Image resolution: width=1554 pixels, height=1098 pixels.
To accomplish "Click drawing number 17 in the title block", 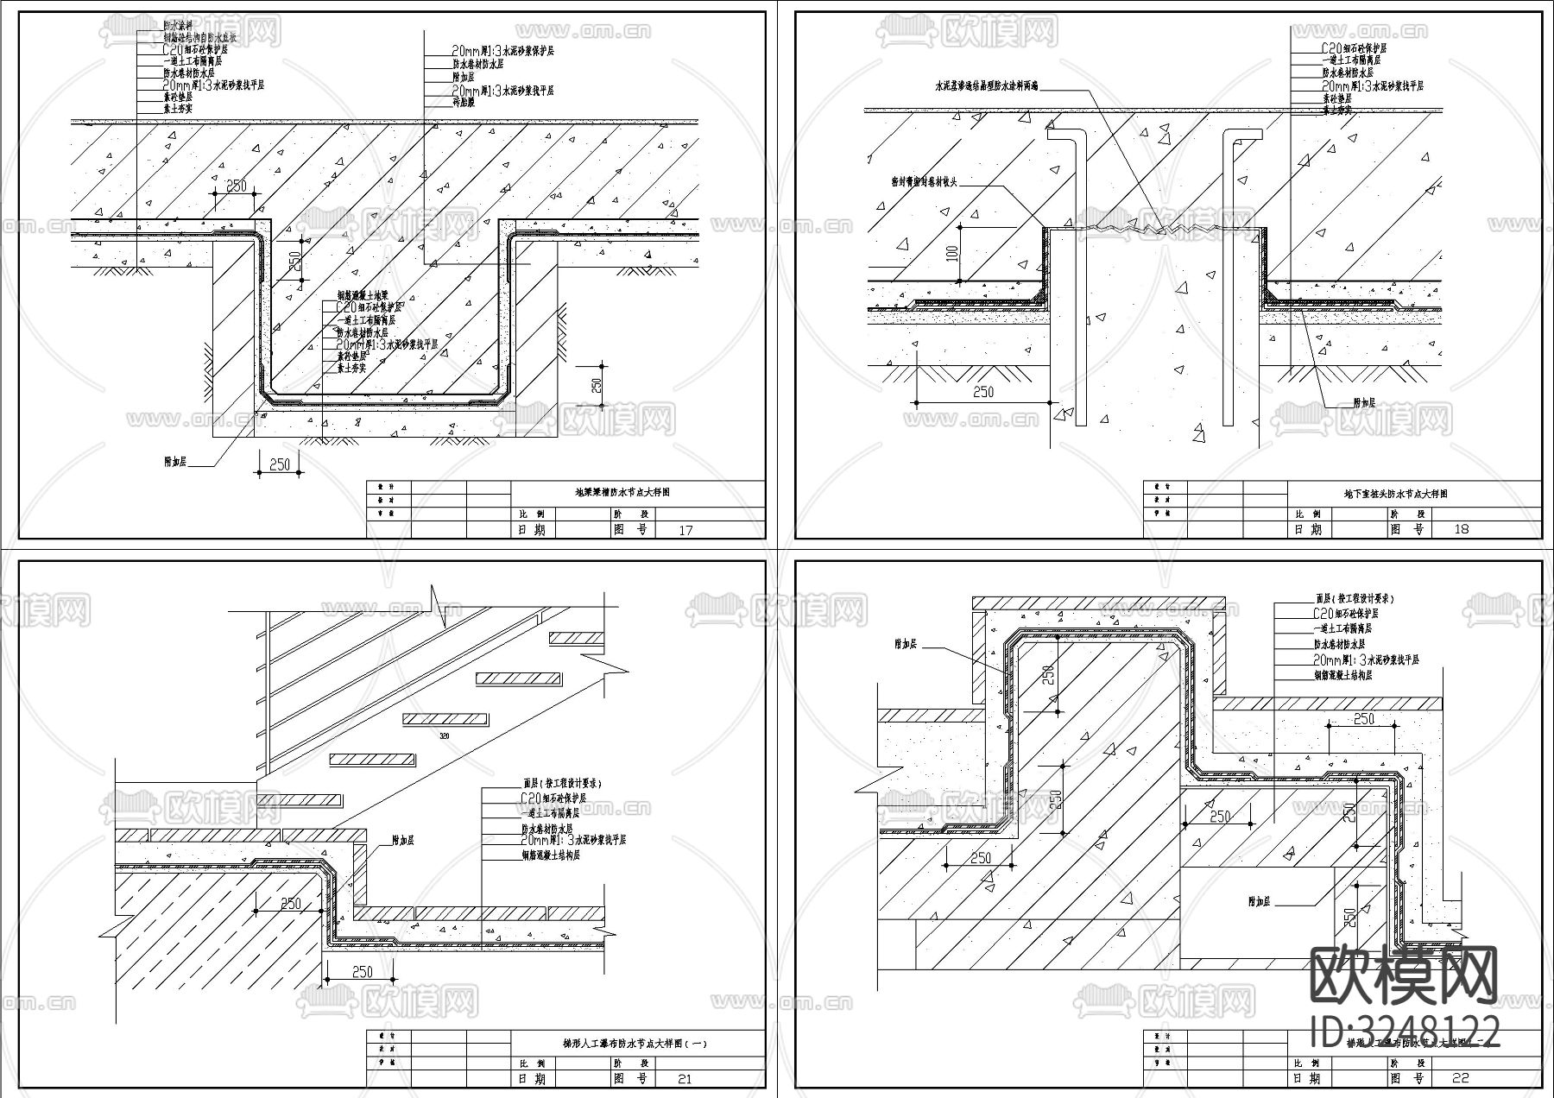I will tap(685, 530).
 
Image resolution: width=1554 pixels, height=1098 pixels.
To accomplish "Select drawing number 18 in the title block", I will tap(1461, 529).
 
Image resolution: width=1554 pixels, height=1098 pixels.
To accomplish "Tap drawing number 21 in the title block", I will tap(685, 1079).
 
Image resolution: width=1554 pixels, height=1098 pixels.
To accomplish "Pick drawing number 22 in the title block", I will tap(1461, 1078).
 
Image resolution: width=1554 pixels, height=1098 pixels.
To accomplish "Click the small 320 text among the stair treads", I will tap(445, 735).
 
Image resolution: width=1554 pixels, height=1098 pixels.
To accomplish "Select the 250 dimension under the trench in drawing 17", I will tap(280, 464).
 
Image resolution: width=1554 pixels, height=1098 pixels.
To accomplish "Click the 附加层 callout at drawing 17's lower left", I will tap(176, 462).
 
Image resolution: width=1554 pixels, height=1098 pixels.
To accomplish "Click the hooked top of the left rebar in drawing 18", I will tap(1065, 135).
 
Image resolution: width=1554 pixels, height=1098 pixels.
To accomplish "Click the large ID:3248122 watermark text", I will tap(1405, 1032).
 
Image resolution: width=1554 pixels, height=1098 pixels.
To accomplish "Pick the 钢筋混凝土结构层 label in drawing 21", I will tap(550, 855).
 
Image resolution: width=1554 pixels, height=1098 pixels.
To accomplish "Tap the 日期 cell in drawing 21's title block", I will tap(531, 1079).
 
